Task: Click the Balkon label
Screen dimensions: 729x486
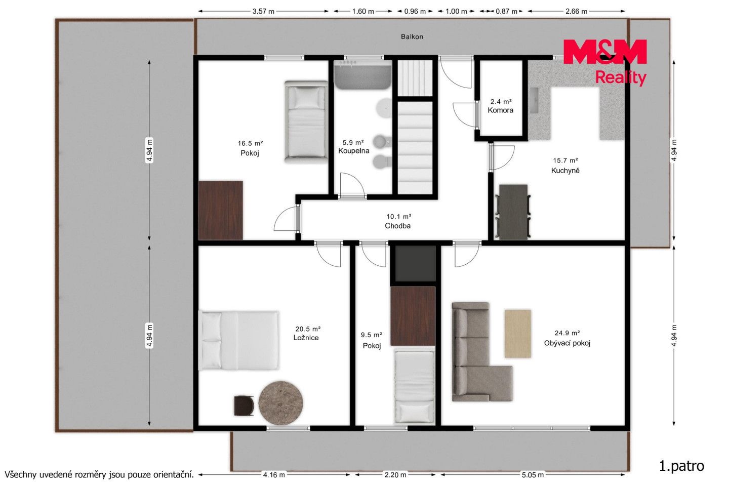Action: [x=412, y=37]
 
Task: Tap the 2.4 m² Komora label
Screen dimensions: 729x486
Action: [x=501, y=106]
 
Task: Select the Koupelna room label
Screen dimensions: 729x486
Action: [x=354, y=151]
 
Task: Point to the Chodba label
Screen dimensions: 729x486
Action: [x=398, y=226]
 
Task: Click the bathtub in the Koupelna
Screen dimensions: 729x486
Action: [x=362, y=75]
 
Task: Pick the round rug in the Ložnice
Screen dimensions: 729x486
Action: [x=280, y=403]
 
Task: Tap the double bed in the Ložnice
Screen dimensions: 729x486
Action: [x=239, y=341]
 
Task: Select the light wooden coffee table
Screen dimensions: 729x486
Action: [x=518, y=334]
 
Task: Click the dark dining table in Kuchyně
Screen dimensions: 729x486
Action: [x=513, y=212]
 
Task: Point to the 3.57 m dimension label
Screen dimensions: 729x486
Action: [x=263, y=12]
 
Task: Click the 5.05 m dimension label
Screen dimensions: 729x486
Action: [x=533, y=475]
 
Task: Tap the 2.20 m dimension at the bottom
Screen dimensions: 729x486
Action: [x=395, y=475]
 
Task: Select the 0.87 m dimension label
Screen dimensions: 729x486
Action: [x=506, y=12]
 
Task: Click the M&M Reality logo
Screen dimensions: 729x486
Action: [x=605, y=62]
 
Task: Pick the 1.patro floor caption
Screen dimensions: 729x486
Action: [x=681, y=466]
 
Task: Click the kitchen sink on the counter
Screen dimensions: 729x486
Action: [x=534, y=100]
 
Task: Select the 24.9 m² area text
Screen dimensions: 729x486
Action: [x=567, y=333]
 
